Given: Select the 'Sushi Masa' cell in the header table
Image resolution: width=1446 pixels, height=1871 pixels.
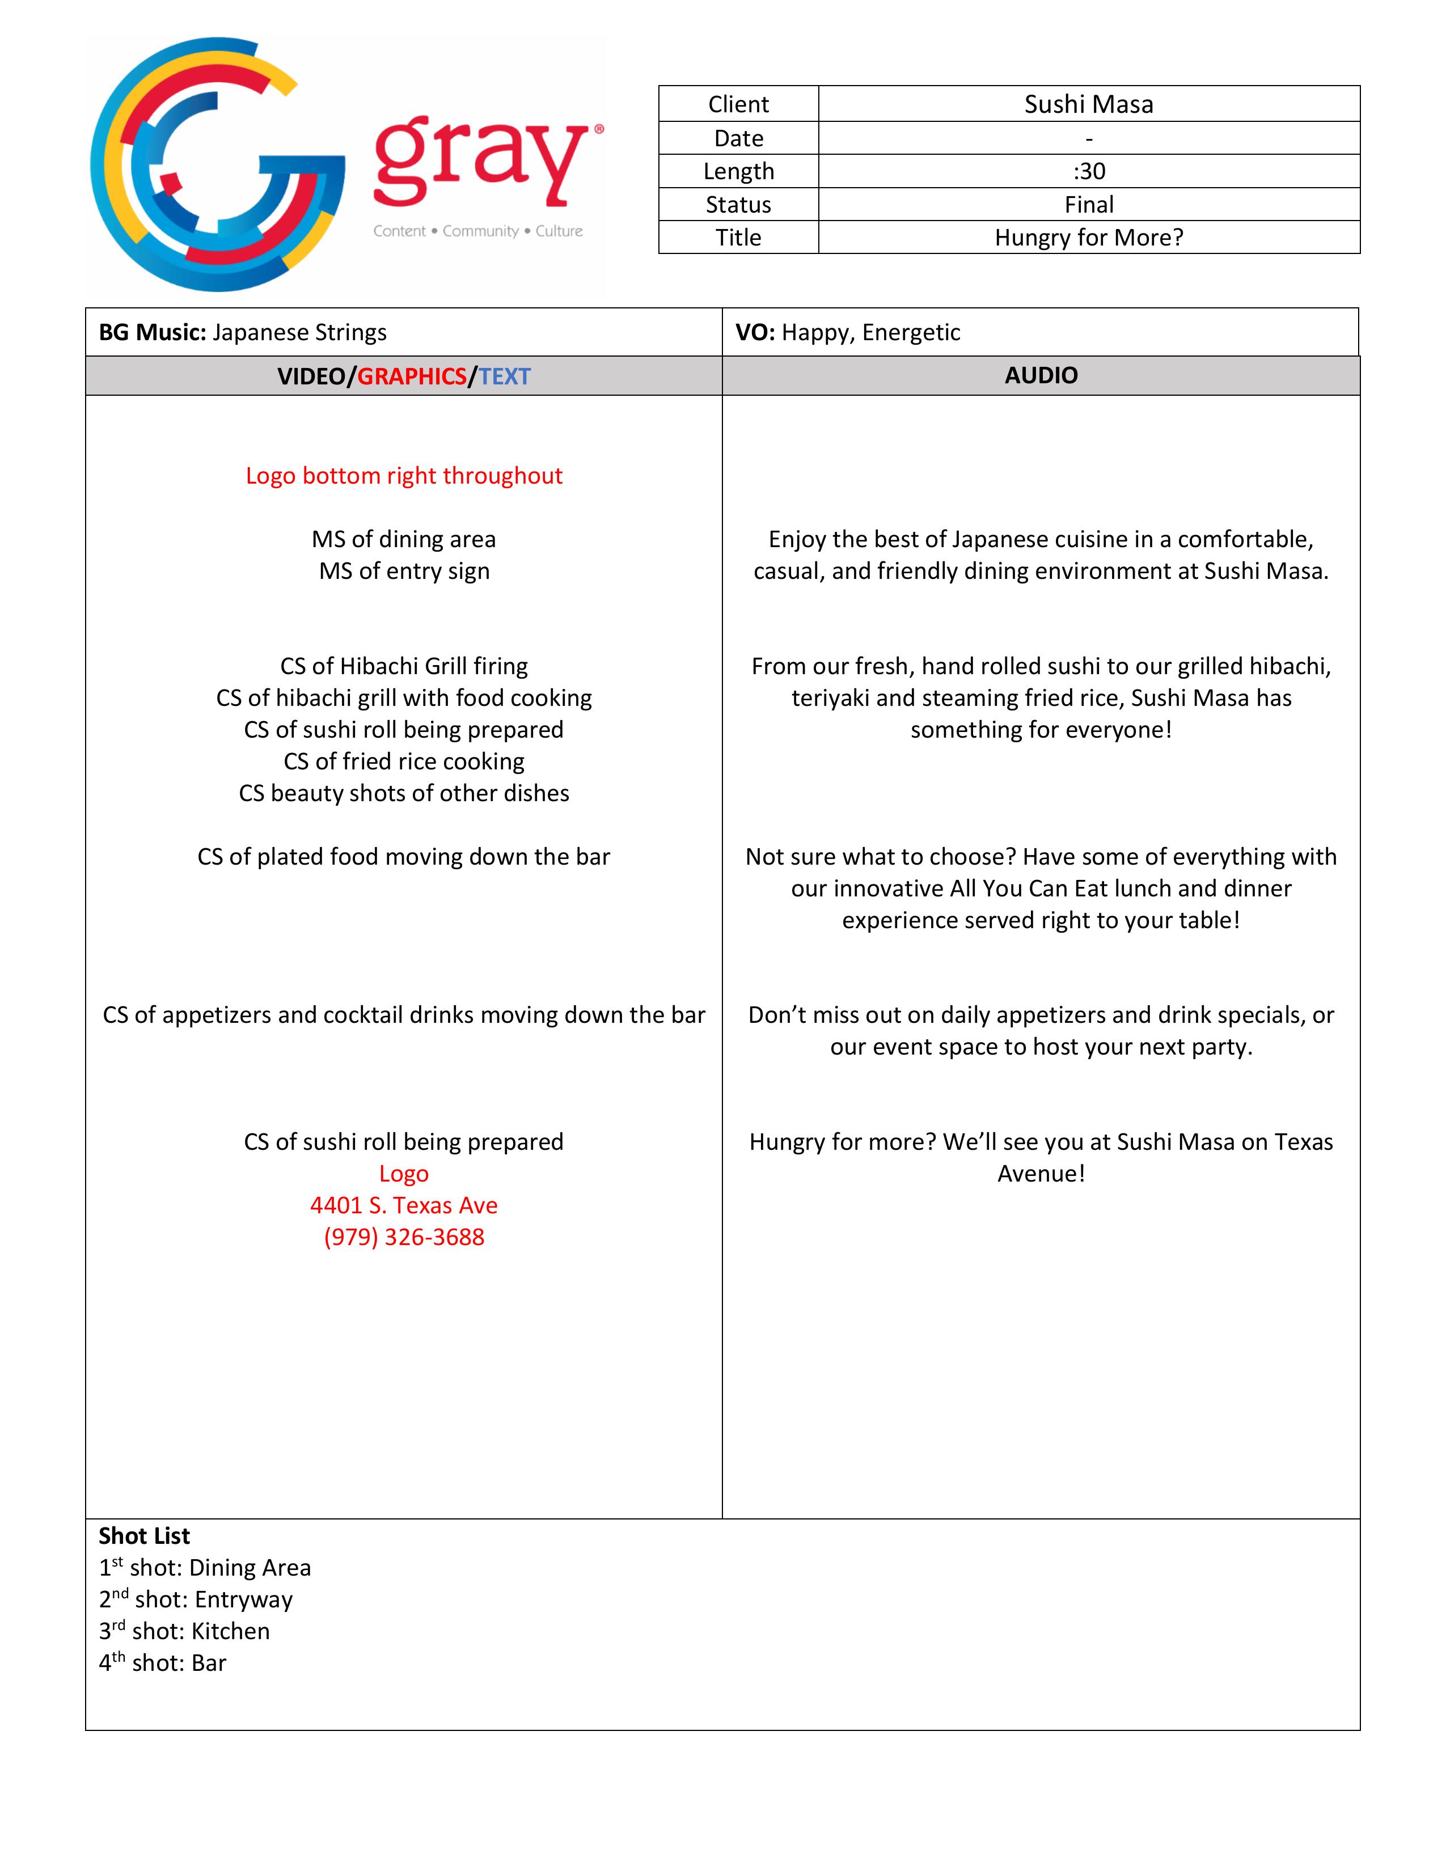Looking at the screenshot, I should (x=1088, y=104).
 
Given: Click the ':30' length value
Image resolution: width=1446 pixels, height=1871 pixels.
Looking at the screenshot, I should (x=1088, y=171).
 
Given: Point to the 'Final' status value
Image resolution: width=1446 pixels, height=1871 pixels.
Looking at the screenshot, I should (x=1088, y=205).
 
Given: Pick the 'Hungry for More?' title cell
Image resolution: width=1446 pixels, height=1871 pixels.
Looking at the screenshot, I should (x=1088, y=238).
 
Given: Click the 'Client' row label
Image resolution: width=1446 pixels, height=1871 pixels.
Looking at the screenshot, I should (x=738, y=104).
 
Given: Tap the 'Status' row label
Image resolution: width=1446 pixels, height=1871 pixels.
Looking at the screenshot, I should (x=738, y=205).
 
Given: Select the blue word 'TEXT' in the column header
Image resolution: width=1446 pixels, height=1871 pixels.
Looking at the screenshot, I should (x=505, y=376).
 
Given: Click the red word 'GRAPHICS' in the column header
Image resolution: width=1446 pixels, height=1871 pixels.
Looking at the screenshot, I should (x=411, y=376).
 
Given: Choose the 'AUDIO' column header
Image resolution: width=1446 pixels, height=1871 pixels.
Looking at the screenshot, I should (x=1041, y=375).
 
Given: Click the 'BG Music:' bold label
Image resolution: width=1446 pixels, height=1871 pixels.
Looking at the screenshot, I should (x=153, y=332).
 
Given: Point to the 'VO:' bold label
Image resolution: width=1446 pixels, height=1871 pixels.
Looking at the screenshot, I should (x=755, y=332).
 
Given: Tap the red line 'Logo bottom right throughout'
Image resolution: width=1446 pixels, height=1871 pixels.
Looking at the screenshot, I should (x=404, y=476).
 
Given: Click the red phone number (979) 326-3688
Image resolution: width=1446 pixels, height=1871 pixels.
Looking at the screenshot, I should (x=404, y=1237).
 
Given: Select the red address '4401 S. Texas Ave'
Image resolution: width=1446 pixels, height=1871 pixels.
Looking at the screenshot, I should (x=404, y=1205).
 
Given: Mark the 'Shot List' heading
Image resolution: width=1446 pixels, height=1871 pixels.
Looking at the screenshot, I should (x=144, y=1536).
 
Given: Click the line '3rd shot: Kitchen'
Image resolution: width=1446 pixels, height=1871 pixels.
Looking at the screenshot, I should (x=184, y=1631).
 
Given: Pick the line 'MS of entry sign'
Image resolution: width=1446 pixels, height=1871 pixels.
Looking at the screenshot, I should (x=404, y=572).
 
